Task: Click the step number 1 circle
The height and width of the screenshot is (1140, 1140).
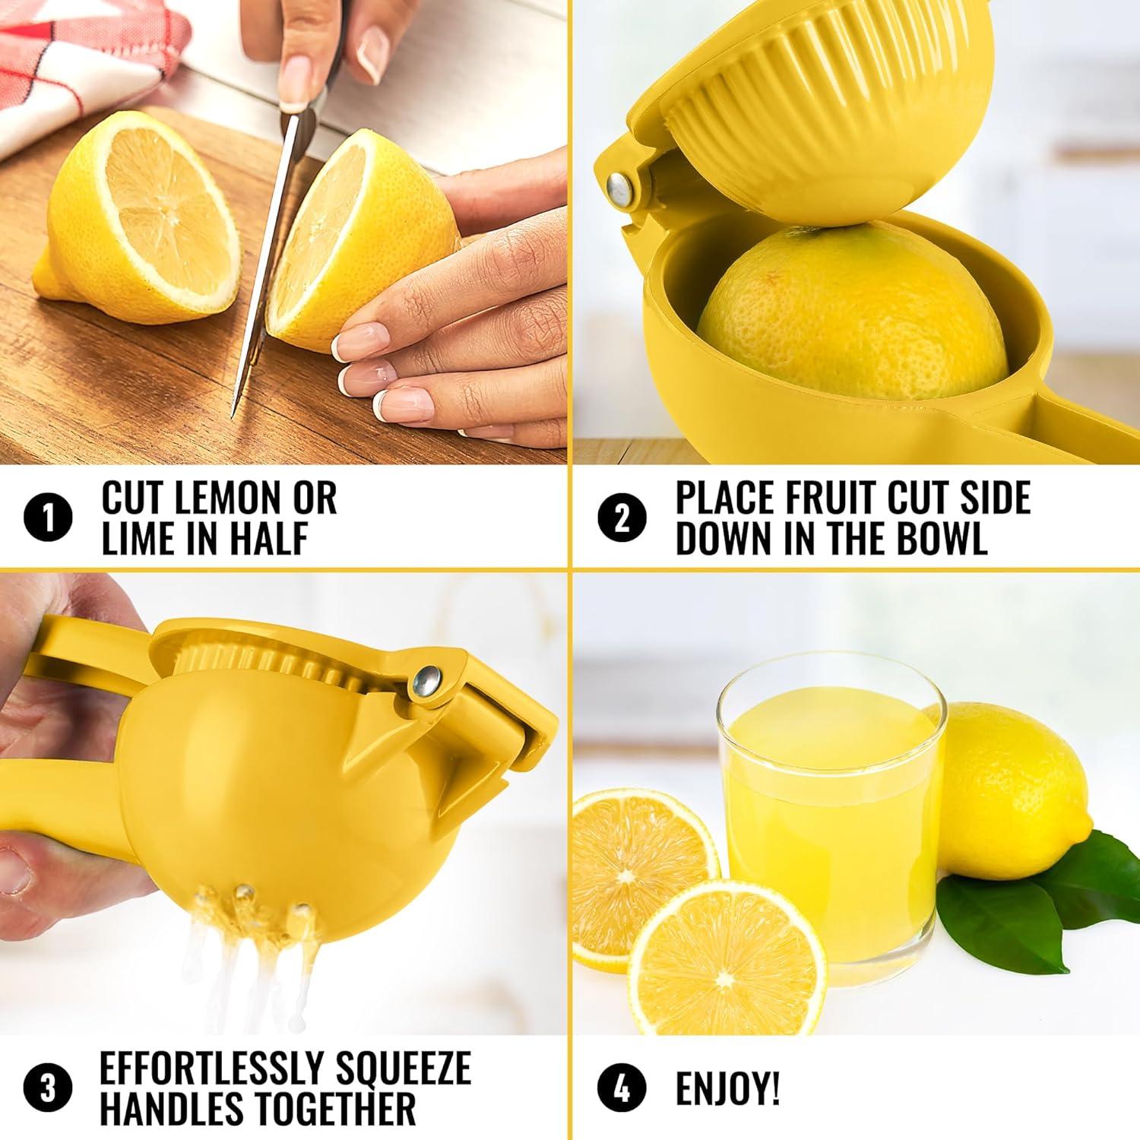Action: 48,519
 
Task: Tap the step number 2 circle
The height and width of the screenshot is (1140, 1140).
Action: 622,519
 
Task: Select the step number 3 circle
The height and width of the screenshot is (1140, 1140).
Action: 48,1088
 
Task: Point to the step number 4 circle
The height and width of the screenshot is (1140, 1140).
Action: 622,1088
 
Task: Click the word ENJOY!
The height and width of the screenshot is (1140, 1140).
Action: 727,1089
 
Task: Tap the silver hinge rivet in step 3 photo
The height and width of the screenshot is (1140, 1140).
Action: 427,681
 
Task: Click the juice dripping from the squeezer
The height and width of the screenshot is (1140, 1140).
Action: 251,950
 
